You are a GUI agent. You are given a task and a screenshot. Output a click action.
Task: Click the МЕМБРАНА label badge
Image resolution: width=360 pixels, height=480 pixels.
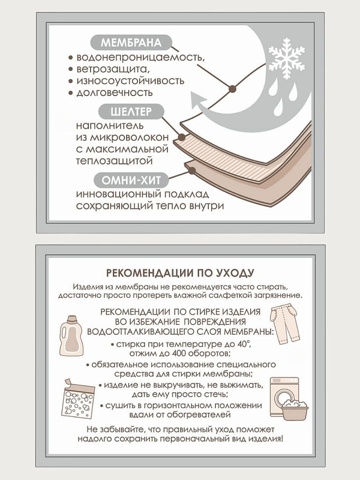click(131, 43)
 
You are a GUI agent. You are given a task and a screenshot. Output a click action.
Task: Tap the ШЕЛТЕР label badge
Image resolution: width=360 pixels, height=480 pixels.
click(131, 112)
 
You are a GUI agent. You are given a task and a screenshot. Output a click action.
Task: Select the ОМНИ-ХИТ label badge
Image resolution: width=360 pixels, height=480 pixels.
click(131, 180)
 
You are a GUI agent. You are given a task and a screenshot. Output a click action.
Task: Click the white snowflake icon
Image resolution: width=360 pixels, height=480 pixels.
click(287, 58)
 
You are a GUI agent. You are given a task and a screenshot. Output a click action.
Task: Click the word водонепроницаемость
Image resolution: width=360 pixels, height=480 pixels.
click(140, 57)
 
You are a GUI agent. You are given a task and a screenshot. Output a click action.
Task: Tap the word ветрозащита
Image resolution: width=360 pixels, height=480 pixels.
click(113, 69)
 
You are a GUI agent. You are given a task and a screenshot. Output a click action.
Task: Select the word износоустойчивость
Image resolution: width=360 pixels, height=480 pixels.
click(130, 81)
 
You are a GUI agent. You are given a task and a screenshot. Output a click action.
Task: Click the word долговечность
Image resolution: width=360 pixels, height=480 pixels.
click(114, 92)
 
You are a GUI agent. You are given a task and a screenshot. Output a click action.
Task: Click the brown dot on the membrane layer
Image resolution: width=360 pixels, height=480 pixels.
click(233, 89)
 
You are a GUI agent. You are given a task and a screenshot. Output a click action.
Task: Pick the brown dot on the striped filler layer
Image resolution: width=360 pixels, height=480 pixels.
click(182, 137)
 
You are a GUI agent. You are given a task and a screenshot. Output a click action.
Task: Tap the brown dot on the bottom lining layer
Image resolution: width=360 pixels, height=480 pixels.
click(192, 170)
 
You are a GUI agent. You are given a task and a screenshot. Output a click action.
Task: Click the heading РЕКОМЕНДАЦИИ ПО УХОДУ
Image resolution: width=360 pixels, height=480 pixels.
click(180, 273)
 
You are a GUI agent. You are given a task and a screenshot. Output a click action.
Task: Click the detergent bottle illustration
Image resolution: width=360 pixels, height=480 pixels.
click(71, 335)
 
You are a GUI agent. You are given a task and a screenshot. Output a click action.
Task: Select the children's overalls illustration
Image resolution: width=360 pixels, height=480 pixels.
click(284, 324)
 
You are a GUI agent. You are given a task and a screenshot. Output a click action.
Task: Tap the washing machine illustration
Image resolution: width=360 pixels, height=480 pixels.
click(284, 397)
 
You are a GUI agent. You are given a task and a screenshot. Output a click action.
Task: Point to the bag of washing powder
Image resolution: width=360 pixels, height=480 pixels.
click(78, 399)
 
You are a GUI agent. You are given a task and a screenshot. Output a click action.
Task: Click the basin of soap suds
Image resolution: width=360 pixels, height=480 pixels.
click(295, 410)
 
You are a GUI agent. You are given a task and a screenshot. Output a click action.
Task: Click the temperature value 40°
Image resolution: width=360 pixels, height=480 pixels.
click(245, 344)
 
